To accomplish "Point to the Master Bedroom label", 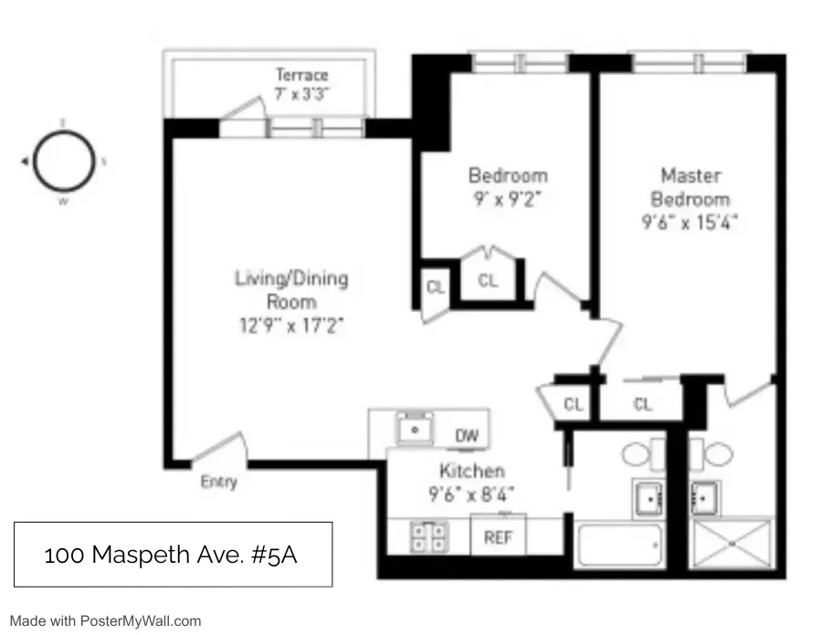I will pos(690,186).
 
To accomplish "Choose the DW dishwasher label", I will pos(467,437).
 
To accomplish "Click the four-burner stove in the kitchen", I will pos(425,535).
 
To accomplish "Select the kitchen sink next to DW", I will pos(416,428).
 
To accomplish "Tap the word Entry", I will pos(218,482).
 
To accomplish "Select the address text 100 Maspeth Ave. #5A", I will pos(173,554).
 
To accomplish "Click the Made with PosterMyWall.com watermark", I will pos(106,620).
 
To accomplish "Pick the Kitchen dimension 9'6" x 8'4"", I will pos(471,496).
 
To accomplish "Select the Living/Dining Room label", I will pos(291,289).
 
